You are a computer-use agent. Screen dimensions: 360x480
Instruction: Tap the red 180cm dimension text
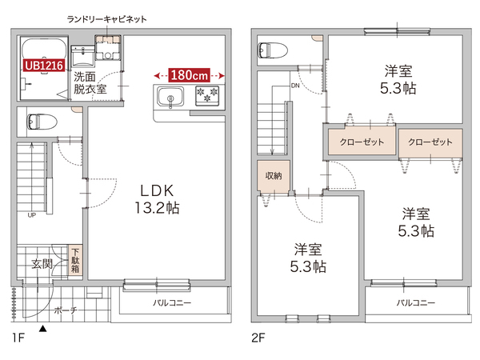coord(190,74)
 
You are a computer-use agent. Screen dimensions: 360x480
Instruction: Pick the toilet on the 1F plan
coord(39,122)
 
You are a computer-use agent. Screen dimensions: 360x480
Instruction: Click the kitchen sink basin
coord(170,98)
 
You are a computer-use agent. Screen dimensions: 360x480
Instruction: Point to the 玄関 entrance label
coord(42,262)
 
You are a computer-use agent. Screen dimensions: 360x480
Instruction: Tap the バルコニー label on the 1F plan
coord(172,304)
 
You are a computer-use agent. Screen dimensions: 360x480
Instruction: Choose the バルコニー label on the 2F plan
coord(415,304)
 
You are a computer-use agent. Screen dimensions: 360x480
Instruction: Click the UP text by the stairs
coord(31,215)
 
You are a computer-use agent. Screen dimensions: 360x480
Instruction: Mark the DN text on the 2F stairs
coord(295,86)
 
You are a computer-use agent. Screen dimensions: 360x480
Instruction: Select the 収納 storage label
coord(272,175)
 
